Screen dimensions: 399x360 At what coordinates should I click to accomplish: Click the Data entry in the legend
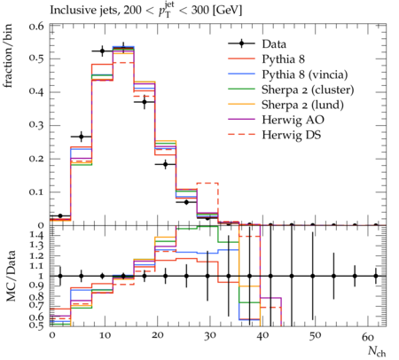click(274, 44)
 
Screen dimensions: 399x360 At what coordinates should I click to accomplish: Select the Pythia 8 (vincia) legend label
click(305, 74)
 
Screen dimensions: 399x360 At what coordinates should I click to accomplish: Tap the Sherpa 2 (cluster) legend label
click(308, 90)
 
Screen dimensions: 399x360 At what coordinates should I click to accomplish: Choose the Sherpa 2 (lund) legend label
click(302, 105)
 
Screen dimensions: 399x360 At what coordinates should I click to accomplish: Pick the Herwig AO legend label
click(293, 120)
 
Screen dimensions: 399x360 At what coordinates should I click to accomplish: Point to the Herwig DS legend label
click(292, 135)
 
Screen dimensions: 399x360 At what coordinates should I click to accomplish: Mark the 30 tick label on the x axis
click(210, 336)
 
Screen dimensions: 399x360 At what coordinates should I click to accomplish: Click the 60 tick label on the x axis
click(368, 336)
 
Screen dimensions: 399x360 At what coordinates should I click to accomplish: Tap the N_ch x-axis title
click(377, 351)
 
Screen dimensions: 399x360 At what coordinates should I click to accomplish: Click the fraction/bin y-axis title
click(8, 56)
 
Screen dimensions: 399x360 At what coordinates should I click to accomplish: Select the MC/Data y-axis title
click(11, 276)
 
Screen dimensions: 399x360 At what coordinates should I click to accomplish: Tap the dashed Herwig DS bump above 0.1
click(207, 184)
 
